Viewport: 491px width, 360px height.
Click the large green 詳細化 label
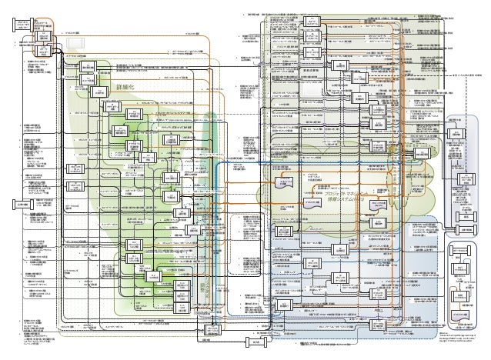click(125, 88)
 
